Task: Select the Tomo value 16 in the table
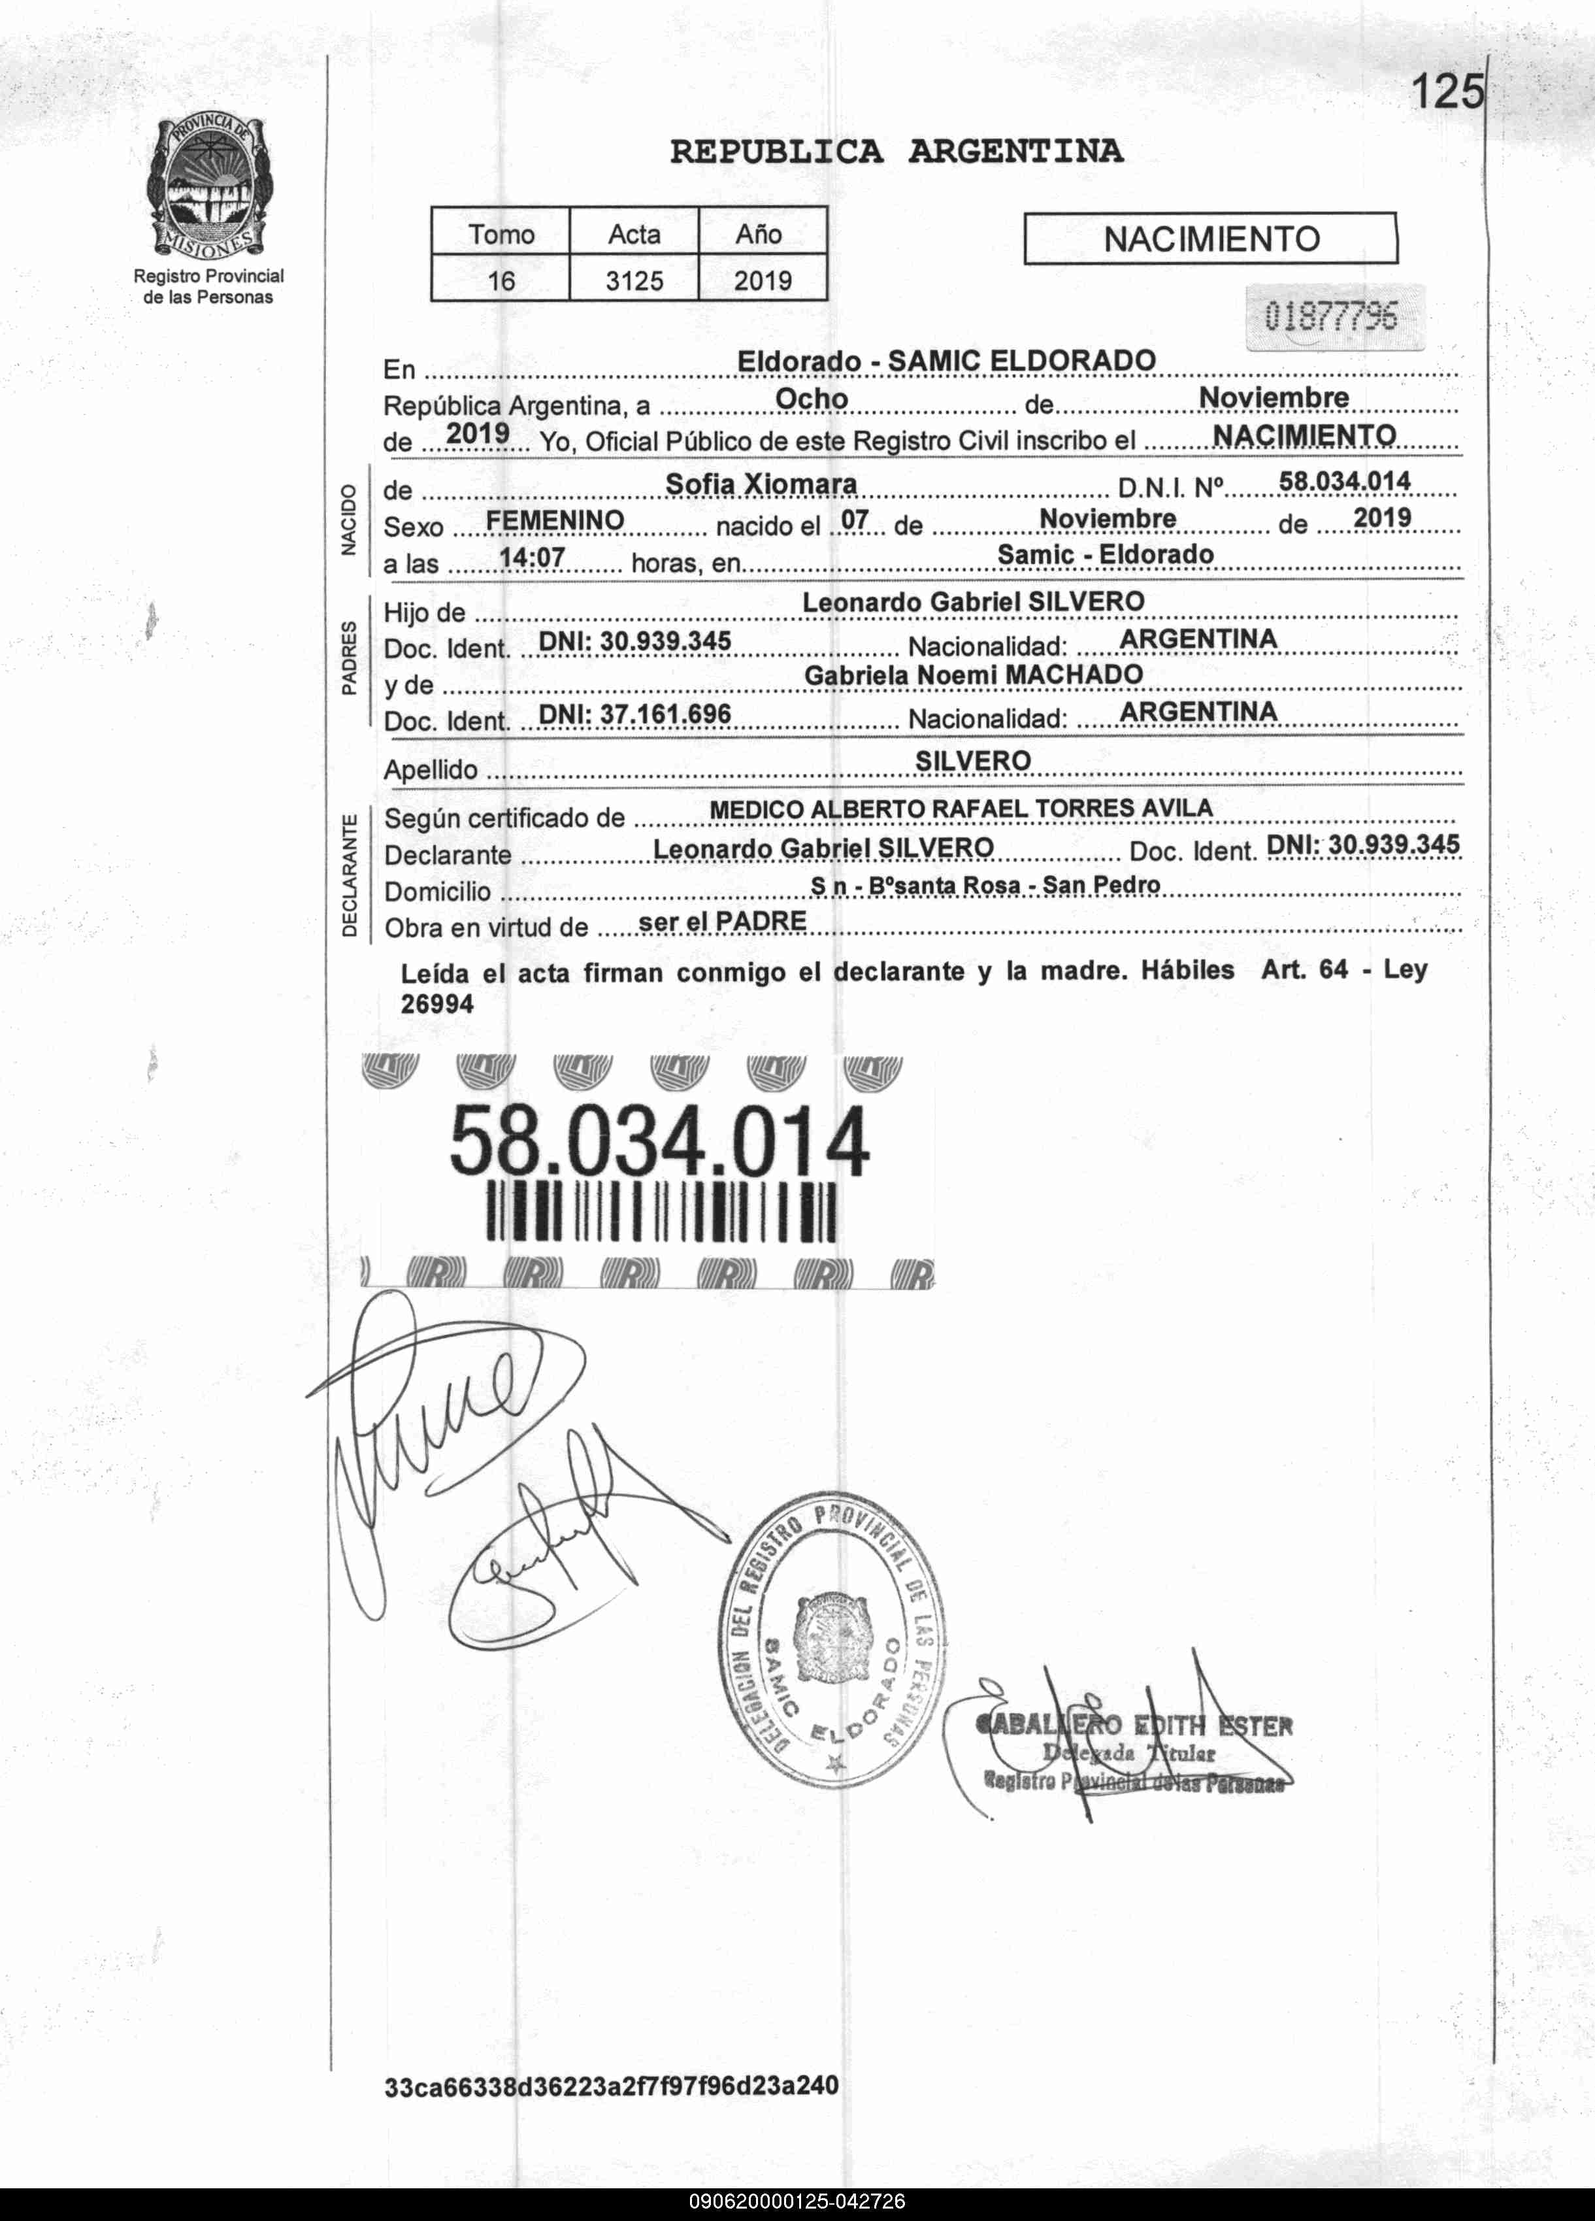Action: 501,281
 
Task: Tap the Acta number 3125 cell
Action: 634,281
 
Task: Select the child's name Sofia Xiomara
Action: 761,484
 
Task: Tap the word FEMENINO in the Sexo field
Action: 554,520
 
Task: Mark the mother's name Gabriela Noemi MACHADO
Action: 973,675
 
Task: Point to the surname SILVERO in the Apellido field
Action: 972,761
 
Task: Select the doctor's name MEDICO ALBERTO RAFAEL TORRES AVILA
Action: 961,809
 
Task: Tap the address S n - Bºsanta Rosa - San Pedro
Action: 984,885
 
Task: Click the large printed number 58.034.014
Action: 659,1141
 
